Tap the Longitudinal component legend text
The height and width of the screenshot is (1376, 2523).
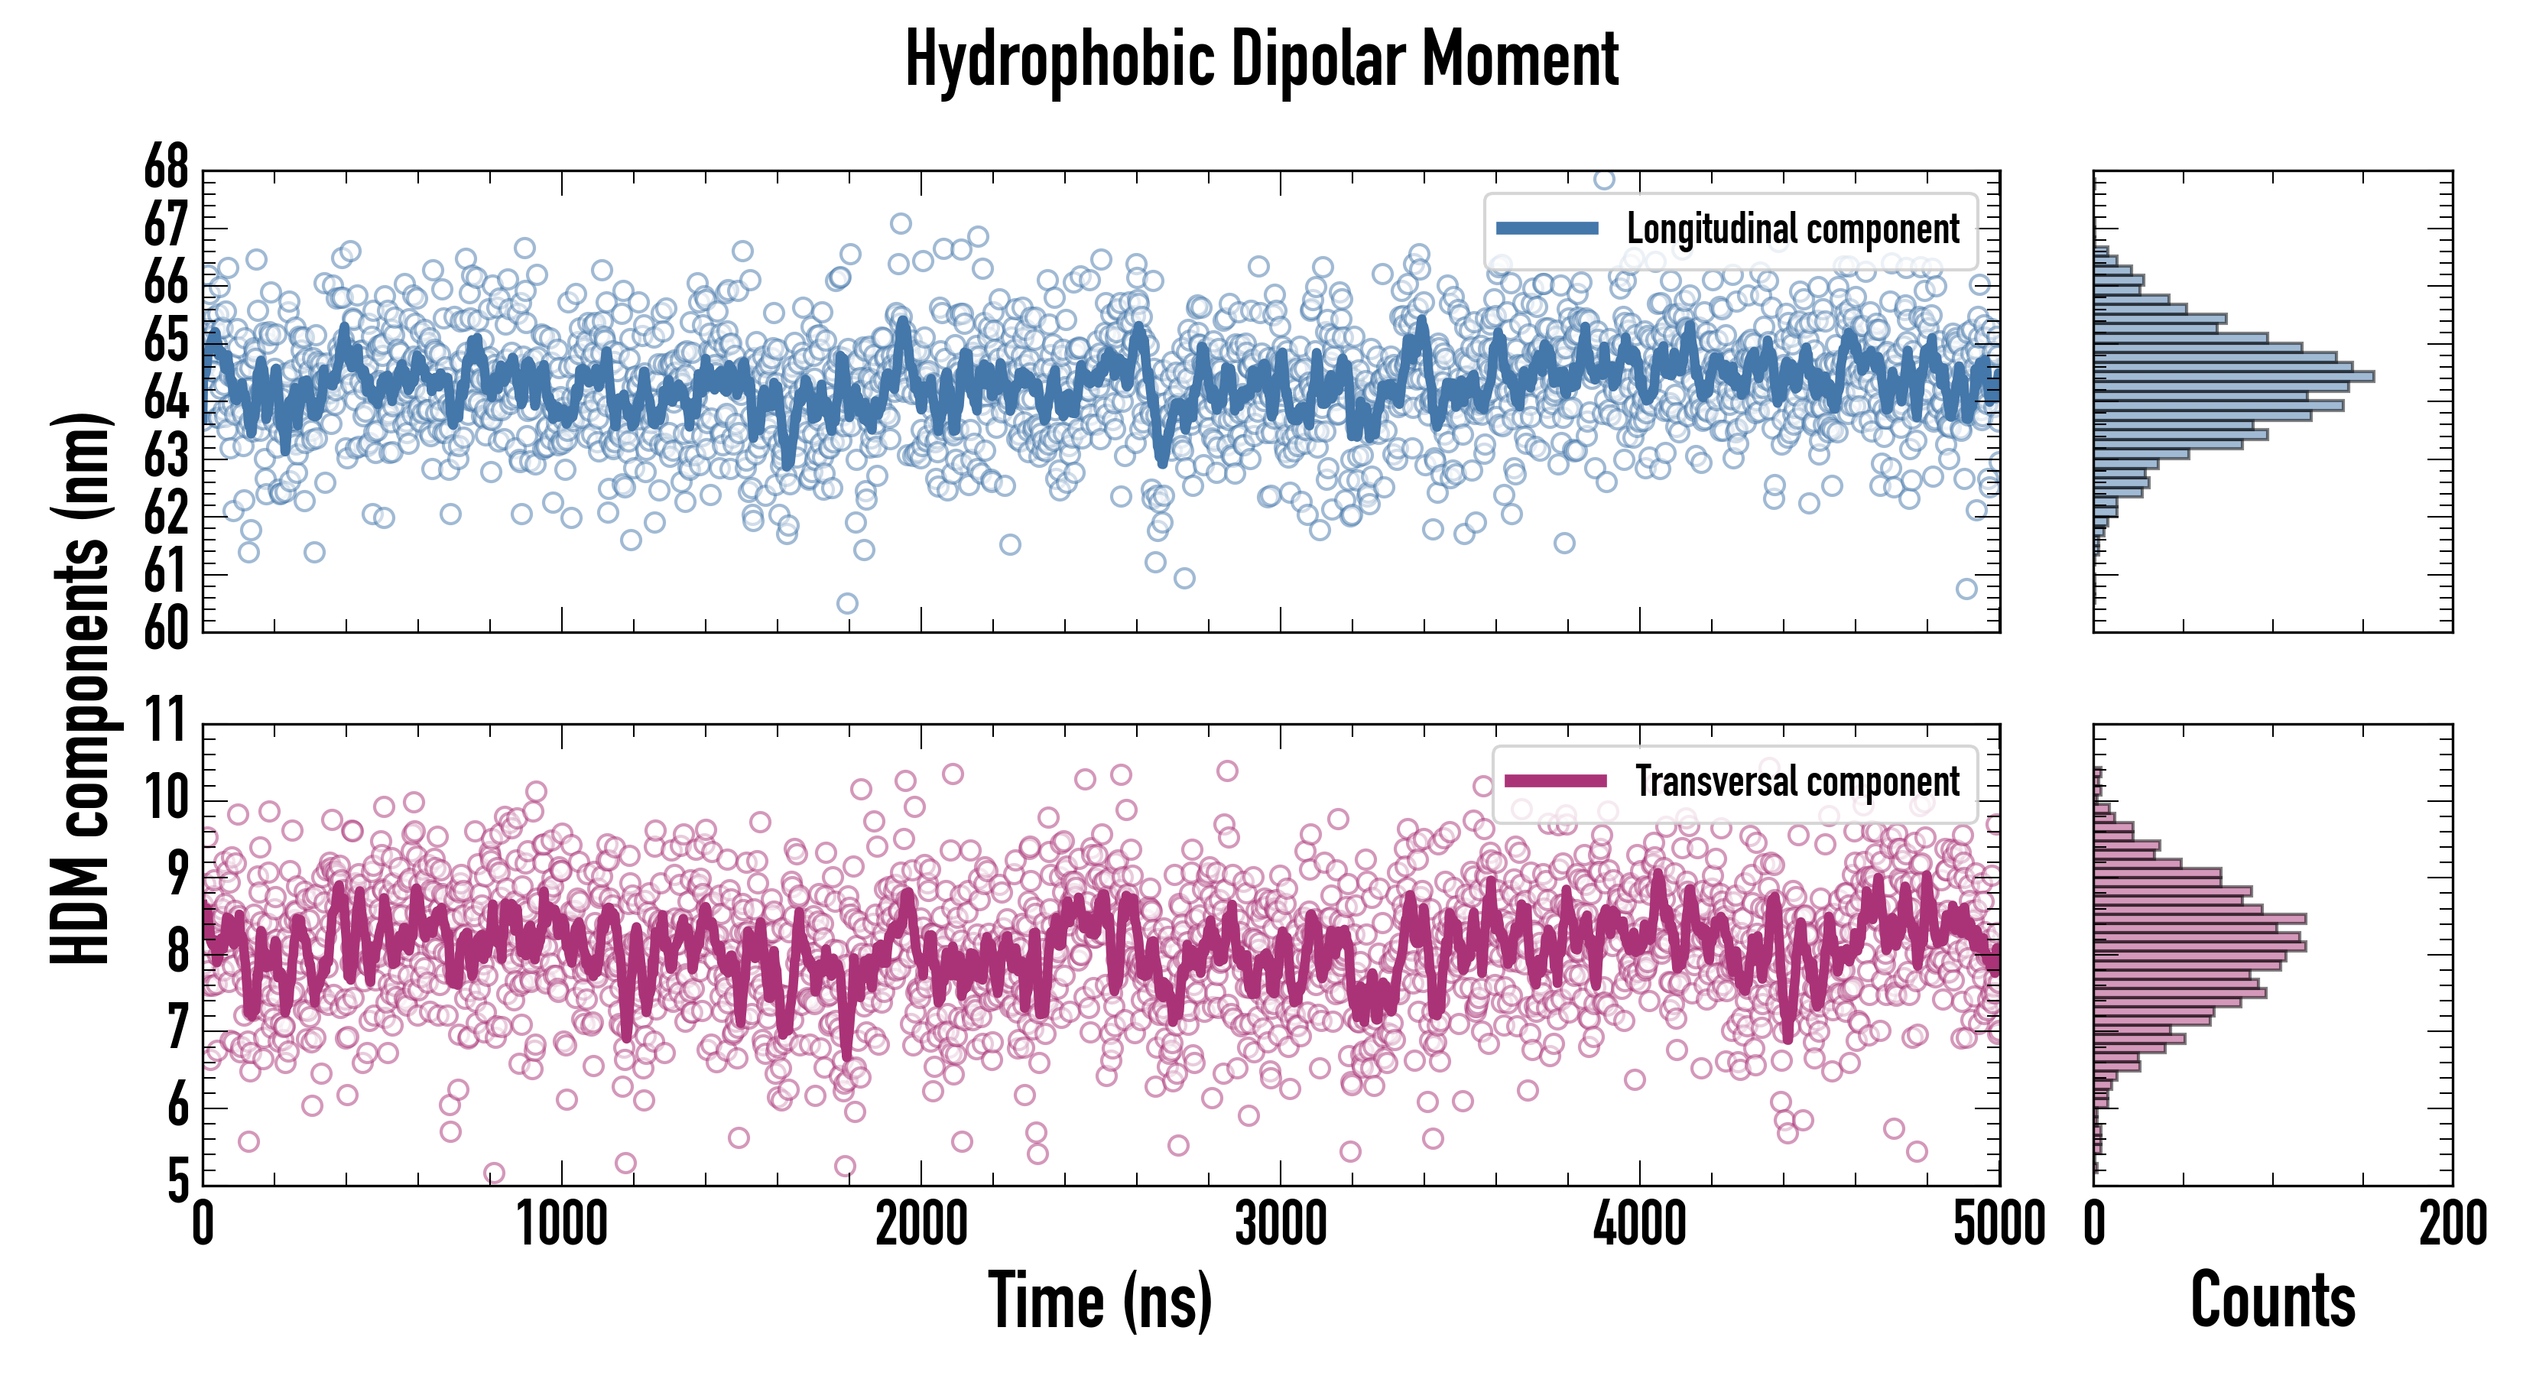(x=1792, y=229)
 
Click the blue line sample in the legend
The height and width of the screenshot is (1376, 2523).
(x=1547, y=229)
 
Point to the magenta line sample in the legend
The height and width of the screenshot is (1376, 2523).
(x=1555, y=781)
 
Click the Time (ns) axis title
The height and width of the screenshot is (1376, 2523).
(x=1100, y=1300)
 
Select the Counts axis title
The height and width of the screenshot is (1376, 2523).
(x=2272, y=1300)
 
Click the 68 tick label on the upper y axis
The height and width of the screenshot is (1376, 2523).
(x=167, y=170)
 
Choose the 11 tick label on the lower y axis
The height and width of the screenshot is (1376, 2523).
(x=167, y=722)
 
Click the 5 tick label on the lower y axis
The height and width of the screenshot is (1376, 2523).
(x=177, y=1182)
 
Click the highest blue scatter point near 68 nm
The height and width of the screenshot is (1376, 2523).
(x=1603, y=178)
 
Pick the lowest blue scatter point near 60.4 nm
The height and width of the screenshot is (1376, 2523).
(x=847, y=603)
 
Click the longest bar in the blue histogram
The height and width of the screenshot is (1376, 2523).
(x=2233, y=376)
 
